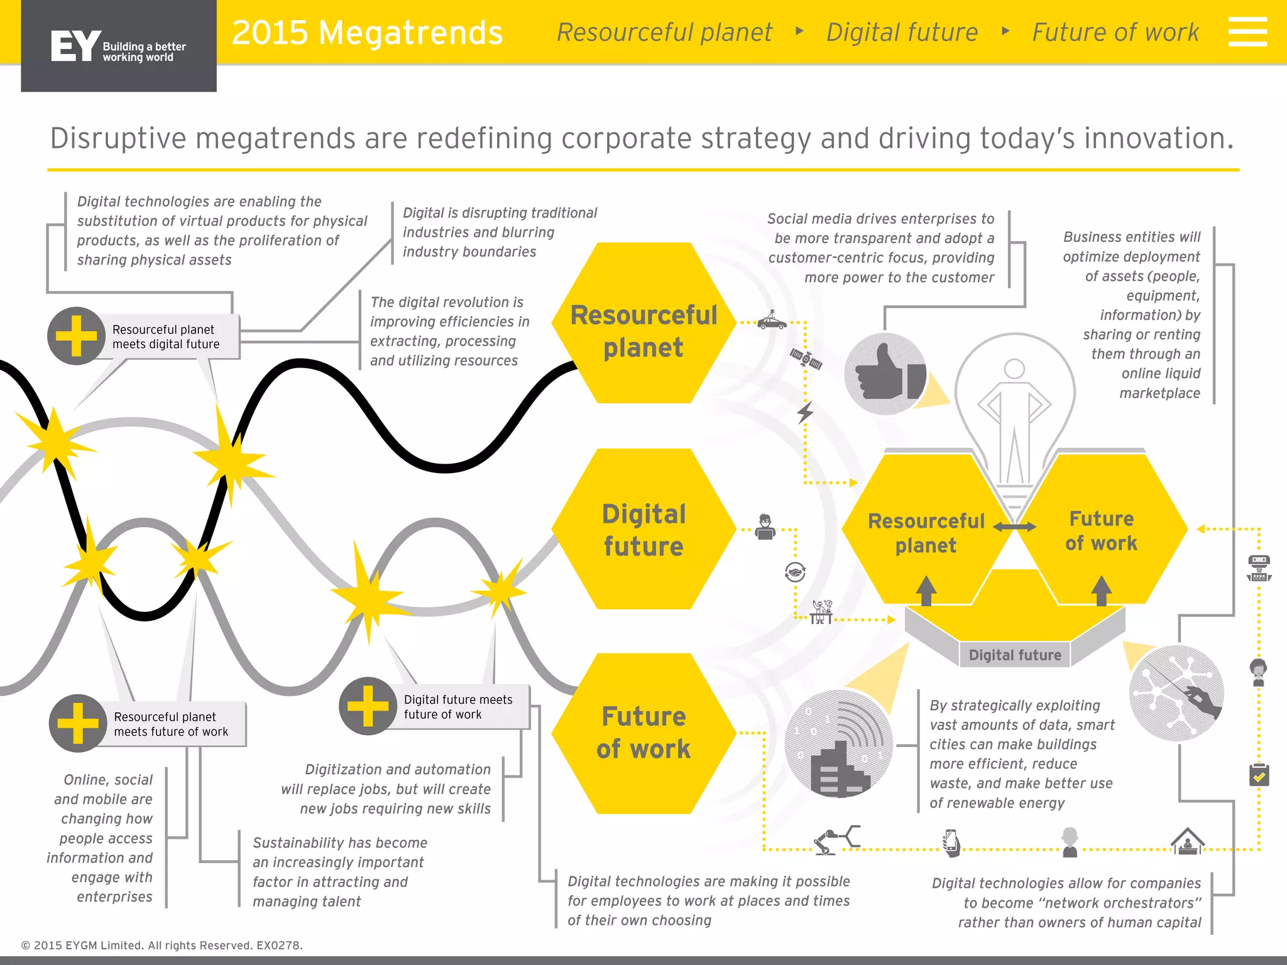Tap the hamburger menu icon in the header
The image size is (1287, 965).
(1247, 32)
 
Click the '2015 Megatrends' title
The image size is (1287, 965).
(367, 33)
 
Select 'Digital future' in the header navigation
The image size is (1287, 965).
(902, 33)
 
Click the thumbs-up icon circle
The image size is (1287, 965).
(885, 374)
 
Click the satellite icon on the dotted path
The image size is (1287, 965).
(806, 359)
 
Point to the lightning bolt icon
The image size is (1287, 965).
(805, 412)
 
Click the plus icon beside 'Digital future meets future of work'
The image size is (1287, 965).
(368, 706)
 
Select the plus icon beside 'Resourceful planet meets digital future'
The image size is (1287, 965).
(76, 335)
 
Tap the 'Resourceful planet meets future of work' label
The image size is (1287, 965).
(171, 724)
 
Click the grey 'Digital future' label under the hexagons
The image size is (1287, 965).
(1014, 655)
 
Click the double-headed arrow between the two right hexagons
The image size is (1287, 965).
(1014, 527)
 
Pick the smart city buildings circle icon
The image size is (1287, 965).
(839, 744)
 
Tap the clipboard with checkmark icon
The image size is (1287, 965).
(1259, 775)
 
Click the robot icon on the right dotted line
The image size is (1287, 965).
(1259, 568)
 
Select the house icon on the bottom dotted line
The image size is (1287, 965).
(1187, 841)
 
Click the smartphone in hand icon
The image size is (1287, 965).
(951, 842)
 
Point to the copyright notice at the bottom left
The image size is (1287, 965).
(162, 945)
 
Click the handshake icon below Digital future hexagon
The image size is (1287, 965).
(795, 572)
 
